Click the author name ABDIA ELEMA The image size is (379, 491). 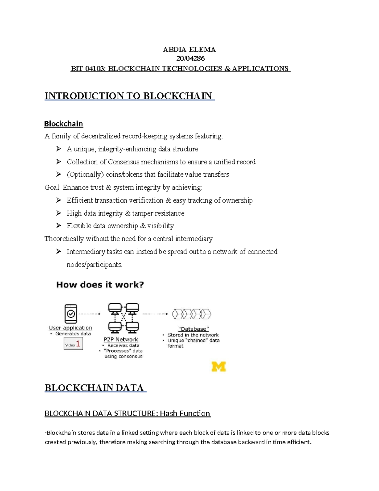point(189,49)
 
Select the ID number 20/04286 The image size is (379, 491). point(190,58)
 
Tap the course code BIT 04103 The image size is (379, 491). point(87,69)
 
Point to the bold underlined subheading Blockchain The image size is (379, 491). point(63,124)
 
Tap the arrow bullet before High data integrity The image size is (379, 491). point(58,213)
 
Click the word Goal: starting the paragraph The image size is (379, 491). point(53,187)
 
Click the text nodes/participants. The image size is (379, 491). point(94,265)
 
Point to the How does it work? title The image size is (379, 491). point(100,285)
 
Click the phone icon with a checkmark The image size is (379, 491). point(71,314)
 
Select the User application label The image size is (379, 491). point(70,328)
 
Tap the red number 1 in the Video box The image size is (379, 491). point(78,344)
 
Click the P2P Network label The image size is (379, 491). point(121,340)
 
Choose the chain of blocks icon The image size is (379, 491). point(191,314)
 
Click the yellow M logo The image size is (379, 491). point(219,367)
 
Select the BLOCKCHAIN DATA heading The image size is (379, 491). point(94,388)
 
